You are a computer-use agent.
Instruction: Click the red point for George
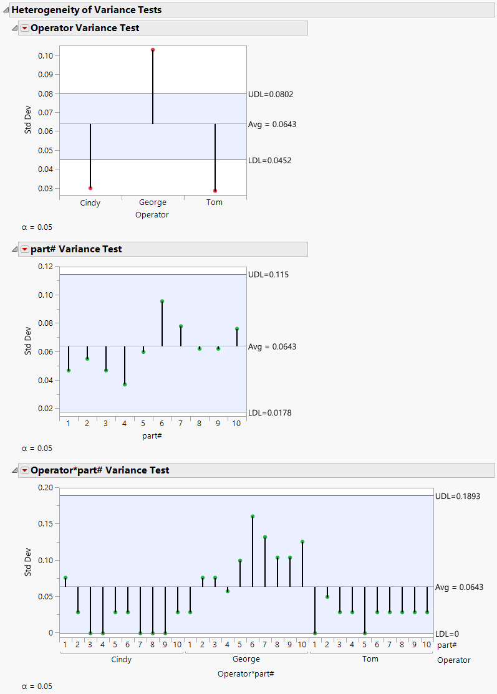coord(153,50)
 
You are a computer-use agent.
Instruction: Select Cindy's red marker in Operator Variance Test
coord(90,188)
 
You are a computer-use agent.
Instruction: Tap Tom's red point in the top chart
coord(215,191)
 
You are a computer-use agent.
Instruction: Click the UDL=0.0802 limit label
coord(271,95)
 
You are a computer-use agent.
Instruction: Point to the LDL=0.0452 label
coord(270,160)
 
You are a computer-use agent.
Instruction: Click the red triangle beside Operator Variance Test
coord(24,28)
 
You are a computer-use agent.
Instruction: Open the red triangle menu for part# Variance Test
coord(24,249)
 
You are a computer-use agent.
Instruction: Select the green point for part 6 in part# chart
coord(162,302)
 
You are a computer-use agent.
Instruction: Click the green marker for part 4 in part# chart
coord(125,384)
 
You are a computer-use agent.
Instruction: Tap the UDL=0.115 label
coord(268,275)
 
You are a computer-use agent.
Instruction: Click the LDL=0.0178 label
coord(270,412)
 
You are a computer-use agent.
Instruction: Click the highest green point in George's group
coord(253,516)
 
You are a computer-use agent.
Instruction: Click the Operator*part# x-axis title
coord(246,674)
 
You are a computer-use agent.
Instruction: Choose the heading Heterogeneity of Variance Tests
coord(86,10)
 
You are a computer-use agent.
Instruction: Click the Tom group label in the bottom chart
coord(370,659)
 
